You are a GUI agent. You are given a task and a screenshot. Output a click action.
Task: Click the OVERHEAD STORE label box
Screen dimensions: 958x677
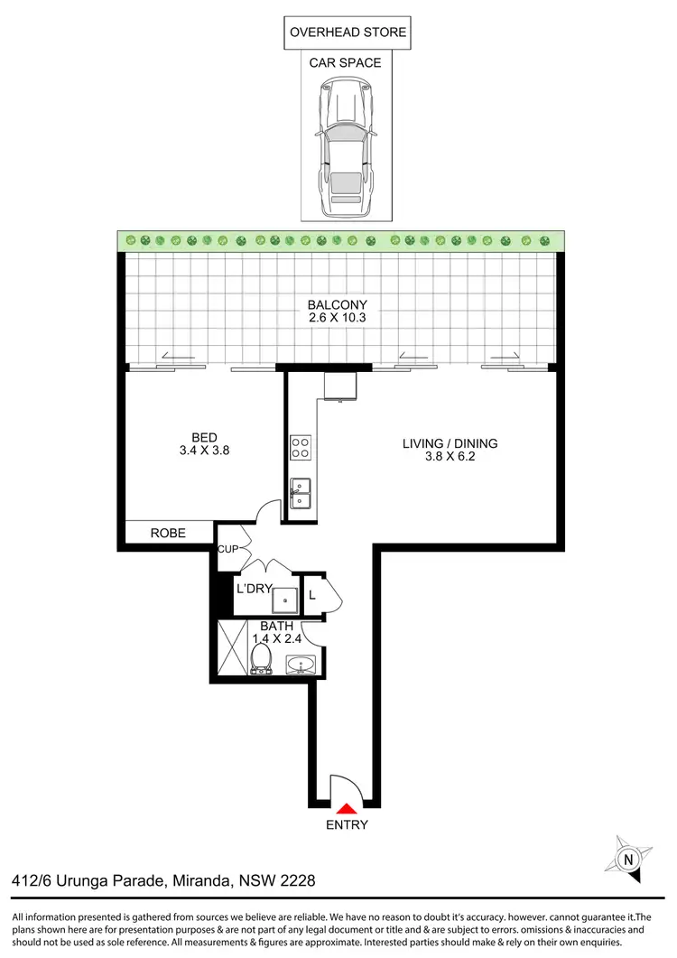[348, 34]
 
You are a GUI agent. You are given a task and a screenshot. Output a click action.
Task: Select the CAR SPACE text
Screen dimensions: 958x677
[345, 63]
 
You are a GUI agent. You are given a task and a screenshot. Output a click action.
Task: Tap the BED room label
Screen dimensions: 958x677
[205, 437]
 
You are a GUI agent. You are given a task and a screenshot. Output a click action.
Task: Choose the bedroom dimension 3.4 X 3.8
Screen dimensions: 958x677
[205, 451]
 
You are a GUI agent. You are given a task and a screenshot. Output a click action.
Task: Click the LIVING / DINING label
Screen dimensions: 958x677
[450, 443]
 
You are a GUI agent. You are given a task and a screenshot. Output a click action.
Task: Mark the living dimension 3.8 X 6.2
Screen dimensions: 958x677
[450, 458]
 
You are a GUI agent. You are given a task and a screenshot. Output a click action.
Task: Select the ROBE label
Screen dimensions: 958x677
[168, 534]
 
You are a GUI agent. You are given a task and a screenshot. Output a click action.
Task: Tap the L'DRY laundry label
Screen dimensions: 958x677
[255, 589]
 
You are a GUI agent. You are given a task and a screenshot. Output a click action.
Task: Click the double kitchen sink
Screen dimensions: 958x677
[301, 492]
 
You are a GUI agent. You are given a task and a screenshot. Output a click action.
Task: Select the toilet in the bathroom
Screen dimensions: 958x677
[263, 656]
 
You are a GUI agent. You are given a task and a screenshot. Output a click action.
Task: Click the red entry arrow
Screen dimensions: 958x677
[347, 807]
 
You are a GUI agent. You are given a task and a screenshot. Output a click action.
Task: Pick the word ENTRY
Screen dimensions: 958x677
[347, 824]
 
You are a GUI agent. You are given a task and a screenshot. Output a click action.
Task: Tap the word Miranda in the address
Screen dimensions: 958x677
[204, 879]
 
